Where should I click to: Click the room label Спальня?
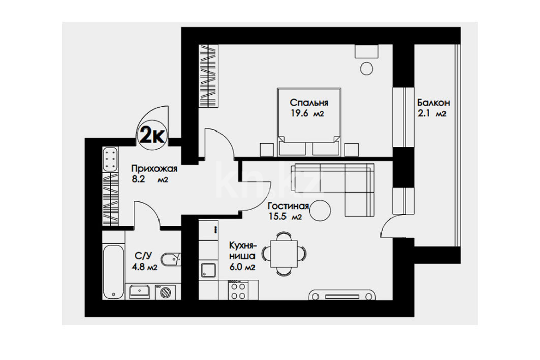tap(308, 103)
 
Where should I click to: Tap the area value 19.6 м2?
tap(307, 114)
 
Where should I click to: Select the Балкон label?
tap(433, 103)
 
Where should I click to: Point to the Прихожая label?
tap(154, 169)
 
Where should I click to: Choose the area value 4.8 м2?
tap(145, 267)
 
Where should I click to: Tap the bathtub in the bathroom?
tap(113, 272)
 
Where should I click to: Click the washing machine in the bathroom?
tap(165, 292)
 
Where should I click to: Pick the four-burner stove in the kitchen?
tap(238, 291)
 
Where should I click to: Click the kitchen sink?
tap(209, 270)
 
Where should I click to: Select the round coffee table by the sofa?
tap(320, 210)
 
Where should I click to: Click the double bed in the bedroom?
tap(309, 122)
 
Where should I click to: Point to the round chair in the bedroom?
tap(366, 68)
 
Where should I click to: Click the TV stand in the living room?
tap(342, 296)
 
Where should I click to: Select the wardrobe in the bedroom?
tap(209, 76)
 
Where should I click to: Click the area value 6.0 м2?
tap(242, 267)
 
